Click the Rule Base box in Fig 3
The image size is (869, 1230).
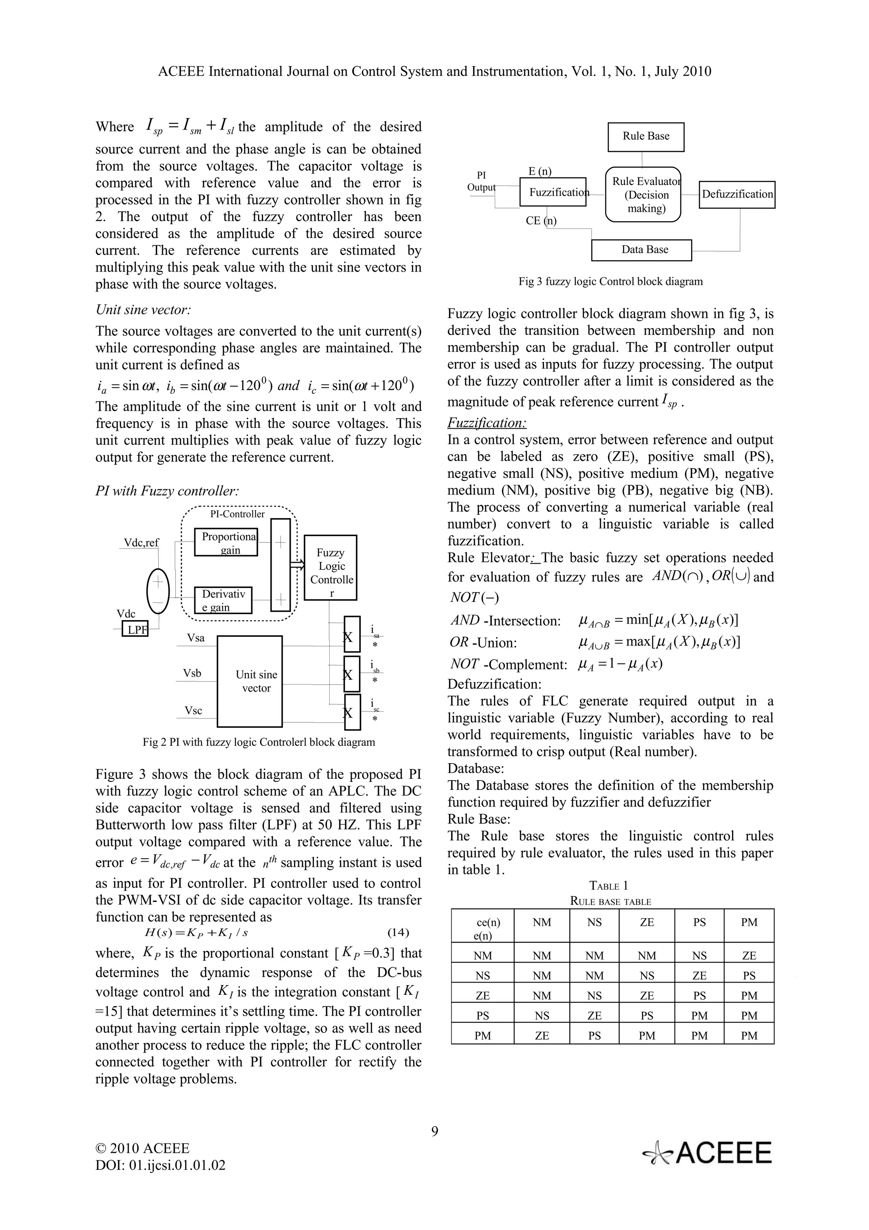[x=645, y=137]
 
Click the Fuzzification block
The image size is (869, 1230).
[x=553, y=192]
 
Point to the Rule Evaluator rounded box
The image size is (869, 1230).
[x=642, y=194]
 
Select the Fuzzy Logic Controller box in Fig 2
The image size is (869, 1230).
[x=331, y=567]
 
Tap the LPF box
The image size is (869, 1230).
[x=135, y=629]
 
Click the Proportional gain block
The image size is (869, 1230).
[x=226, y=542]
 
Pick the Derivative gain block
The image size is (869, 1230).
[x=223, y=600]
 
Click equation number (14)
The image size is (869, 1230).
[x=398, y=932]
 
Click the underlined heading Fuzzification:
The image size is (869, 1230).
[x=487, y=423]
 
